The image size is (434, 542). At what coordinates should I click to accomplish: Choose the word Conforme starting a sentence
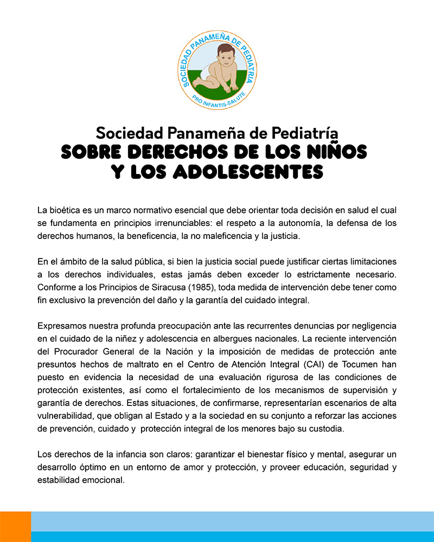tap(57, 287)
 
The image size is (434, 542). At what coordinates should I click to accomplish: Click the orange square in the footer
tap(15, 526)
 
